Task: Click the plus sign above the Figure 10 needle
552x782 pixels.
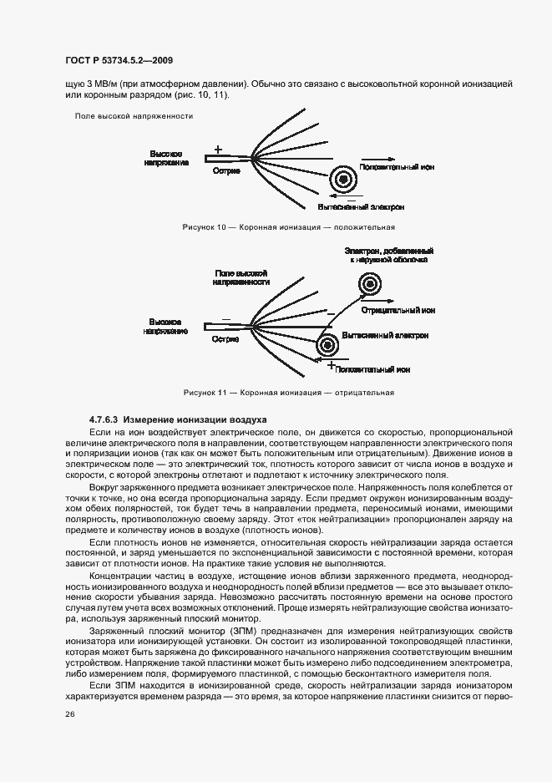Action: click(x=218, y=149)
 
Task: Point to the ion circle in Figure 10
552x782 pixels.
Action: click(x=342, y=179)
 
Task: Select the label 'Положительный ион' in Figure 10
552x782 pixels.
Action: click(x=397, y=167)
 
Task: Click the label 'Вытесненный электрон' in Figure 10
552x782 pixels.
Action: click(x=362, y=206)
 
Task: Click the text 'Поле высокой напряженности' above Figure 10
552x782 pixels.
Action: click(x=134, y=116)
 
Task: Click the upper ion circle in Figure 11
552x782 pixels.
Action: click(x=368, y=286)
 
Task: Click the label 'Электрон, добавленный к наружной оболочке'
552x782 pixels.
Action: click(x=388, y=255)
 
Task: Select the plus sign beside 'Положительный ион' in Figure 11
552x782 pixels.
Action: click(x=331, y=366)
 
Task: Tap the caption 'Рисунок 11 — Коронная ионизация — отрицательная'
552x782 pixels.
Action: click(x=288, y=393)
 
